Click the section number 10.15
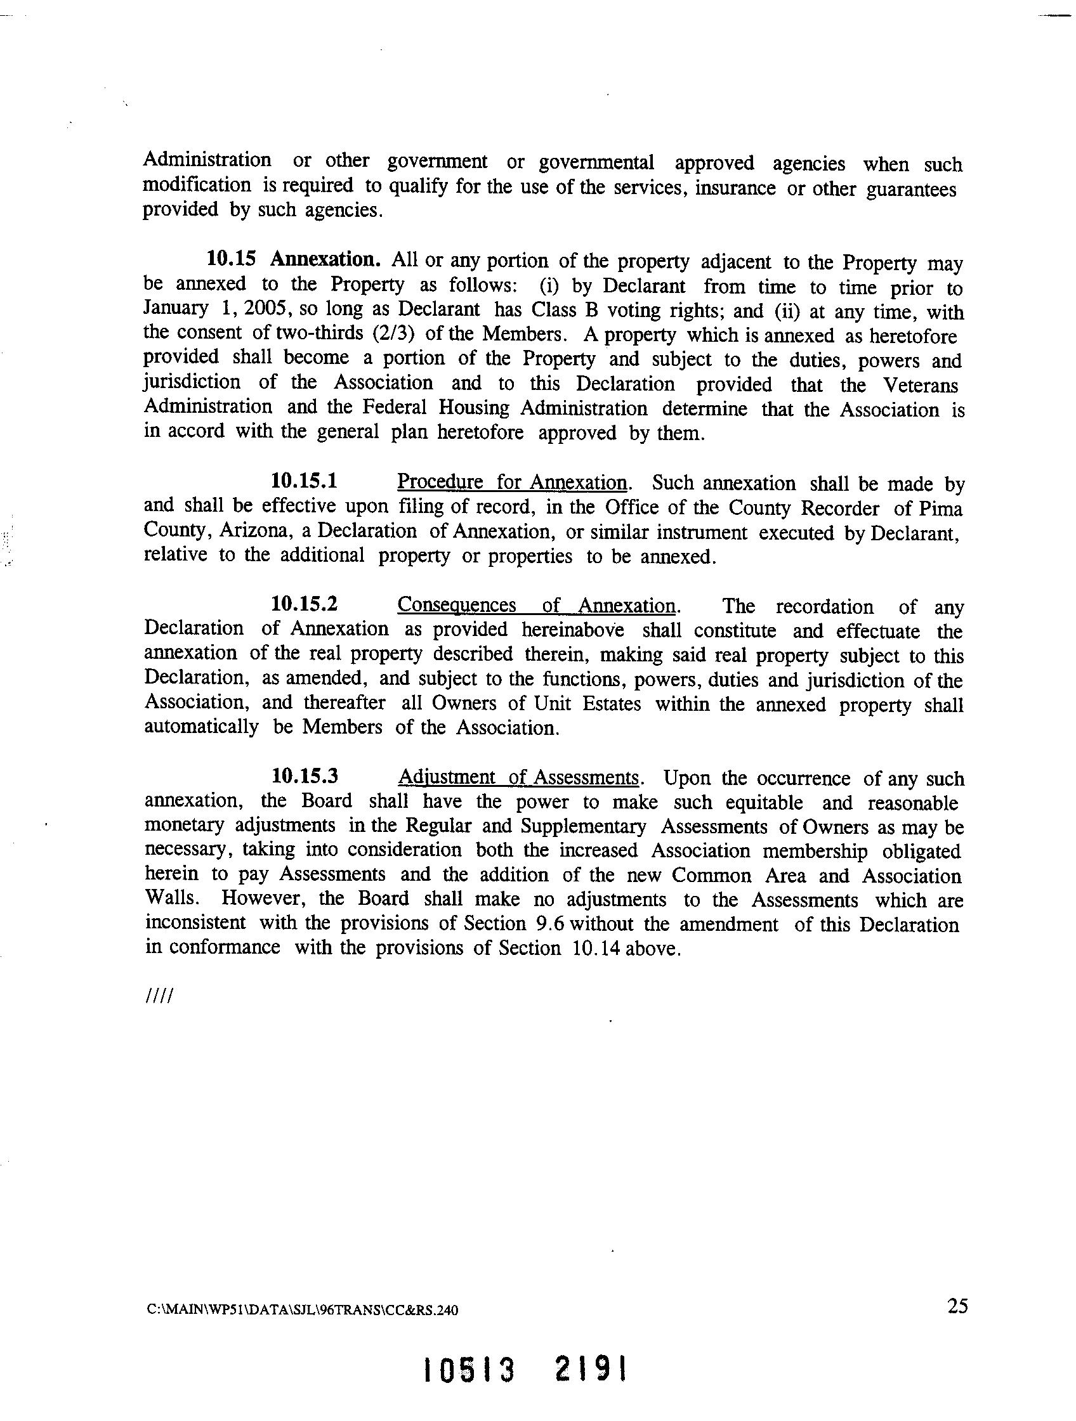pos(231,259)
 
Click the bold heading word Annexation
pos(325,259)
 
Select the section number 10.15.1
pos(305,481)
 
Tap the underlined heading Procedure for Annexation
pos(512,482)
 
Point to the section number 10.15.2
pos(305,604)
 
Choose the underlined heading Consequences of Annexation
pos(536,605)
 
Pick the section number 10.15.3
pos(305,776)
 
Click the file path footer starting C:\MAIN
pos(303,1311)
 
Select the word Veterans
pos(920,384)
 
